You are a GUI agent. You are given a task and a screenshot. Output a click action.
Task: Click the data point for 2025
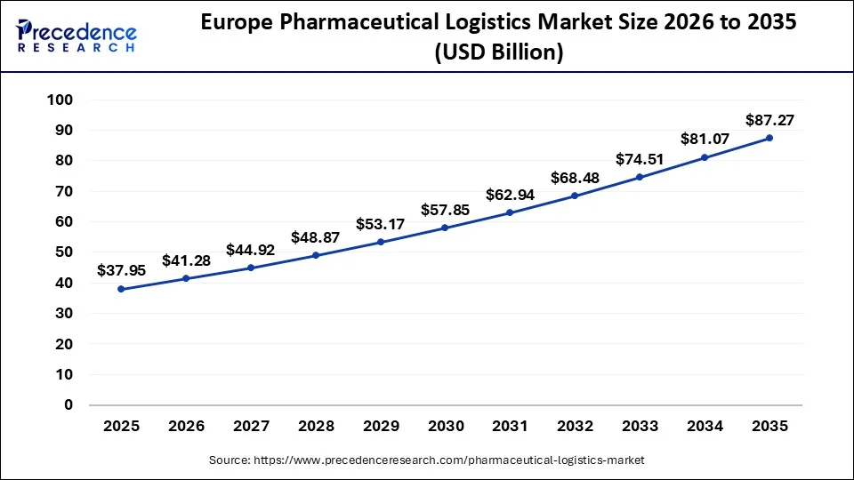click(x=121, y=289)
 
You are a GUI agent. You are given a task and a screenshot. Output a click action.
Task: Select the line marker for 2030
click(x=445, y=228)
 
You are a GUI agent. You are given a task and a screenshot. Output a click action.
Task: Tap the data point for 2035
click(x=769, y=138)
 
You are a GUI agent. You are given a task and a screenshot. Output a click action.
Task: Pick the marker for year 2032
click(x=575, y=196)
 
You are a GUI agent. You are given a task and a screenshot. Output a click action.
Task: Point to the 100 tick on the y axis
click(x=60, y=100)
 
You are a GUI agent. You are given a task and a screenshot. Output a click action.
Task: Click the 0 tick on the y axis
click(x=68, y=405)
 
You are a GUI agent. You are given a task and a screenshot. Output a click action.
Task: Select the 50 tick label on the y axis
click(x=63, y=252)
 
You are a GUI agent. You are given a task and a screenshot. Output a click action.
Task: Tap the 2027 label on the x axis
click(x=251, y=427)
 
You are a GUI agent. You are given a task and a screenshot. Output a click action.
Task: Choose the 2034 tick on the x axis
click(x=705, y=427)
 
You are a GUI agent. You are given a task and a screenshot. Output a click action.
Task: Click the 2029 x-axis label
click(x=381, y=427)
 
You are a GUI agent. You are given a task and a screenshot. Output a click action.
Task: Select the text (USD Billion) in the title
click(x=498, y=53)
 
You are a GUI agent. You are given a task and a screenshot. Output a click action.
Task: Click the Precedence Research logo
click(x=77, y=34)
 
